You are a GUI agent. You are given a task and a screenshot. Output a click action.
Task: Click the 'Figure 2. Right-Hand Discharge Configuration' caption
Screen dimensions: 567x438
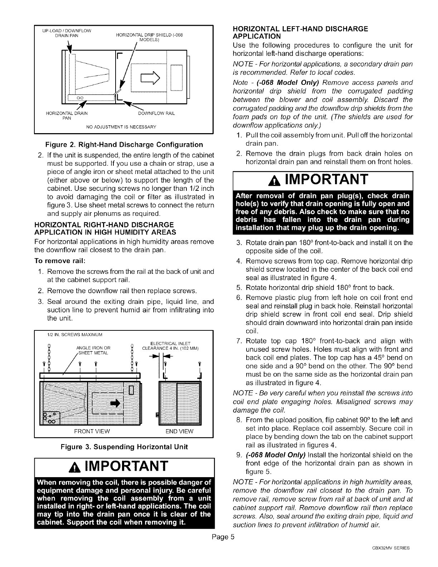(x=124, y=145)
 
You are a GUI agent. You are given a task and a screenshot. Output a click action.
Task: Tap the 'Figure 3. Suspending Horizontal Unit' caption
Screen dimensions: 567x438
(x=124, y=447)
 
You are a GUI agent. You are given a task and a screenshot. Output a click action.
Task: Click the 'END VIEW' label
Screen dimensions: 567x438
(x=182, y=431)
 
